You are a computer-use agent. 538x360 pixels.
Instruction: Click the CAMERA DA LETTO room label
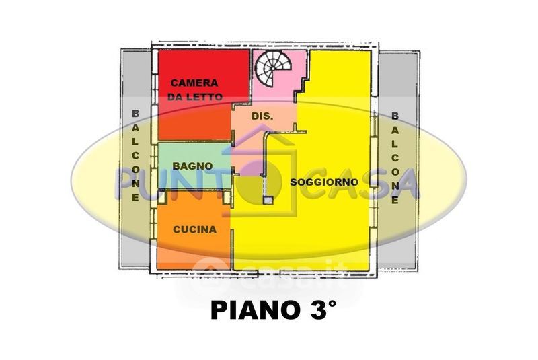coord(195,90)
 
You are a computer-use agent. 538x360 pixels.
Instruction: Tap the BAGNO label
coord(192,166)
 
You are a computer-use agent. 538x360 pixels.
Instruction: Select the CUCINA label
coord(194,229)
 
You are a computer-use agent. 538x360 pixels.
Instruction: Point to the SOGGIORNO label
coord(324,182)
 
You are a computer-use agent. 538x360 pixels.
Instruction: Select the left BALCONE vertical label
coord(136,156)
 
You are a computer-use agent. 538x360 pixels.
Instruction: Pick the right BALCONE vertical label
coord(395,158)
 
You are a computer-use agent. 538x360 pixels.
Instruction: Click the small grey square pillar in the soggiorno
coord(268,200)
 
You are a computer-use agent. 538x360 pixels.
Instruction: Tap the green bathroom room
coord(194,166)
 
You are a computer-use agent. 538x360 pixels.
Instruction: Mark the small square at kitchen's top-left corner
coord(161,197)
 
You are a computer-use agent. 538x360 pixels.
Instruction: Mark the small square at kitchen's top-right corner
coord(227,197)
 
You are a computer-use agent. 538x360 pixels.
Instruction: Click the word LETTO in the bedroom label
coord(204,97)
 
